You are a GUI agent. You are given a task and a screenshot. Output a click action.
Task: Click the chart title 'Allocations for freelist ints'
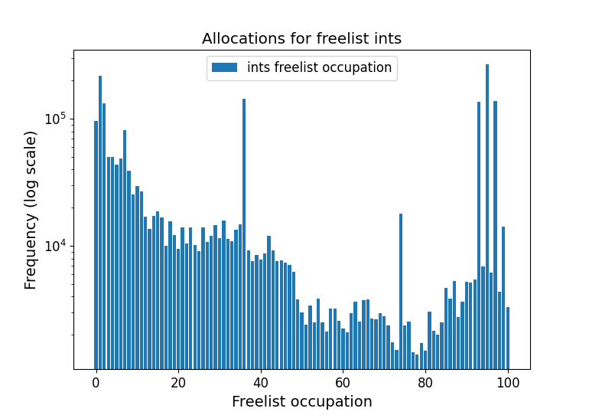coord(301,39)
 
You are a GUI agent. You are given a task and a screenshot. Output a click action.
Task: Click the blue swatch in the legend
coord(226,68)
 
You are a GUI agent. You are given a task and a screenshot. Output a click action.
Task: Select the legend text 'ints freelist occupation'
coord(319,68)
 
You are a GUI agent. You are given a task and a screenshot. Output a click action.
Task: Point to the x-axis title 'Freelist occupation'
coord(301,402)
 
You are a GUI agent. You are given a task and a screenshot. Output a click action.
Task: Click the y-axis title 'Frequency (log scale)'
coord(31,210)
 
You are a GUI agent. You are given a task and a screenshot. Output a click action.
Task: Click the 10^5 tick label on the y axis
coord(56,120)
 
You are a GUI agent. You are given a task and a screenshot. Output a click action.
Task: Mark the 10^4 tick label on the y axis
coord(56,247)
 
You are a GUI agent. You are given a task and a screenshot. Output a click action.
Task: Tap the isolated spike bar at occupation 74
coord(401,291)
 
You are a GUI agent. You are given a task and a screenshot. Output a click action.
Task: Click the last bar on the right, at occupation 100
coord(508,337)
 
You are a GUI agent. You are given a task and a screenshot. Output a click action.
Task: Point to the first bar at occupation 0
coord(96,245)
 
